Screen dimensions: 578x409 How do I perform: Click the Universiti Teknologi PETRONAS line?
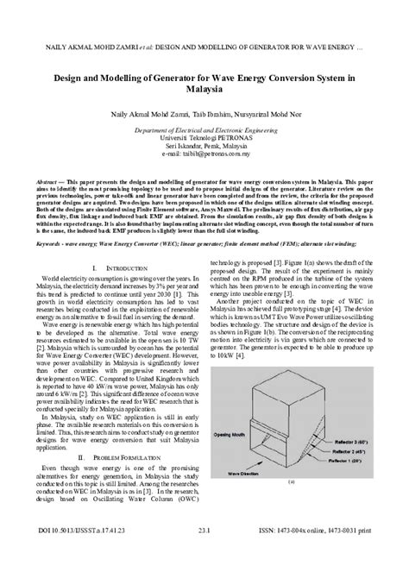(x=204, y=137)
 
